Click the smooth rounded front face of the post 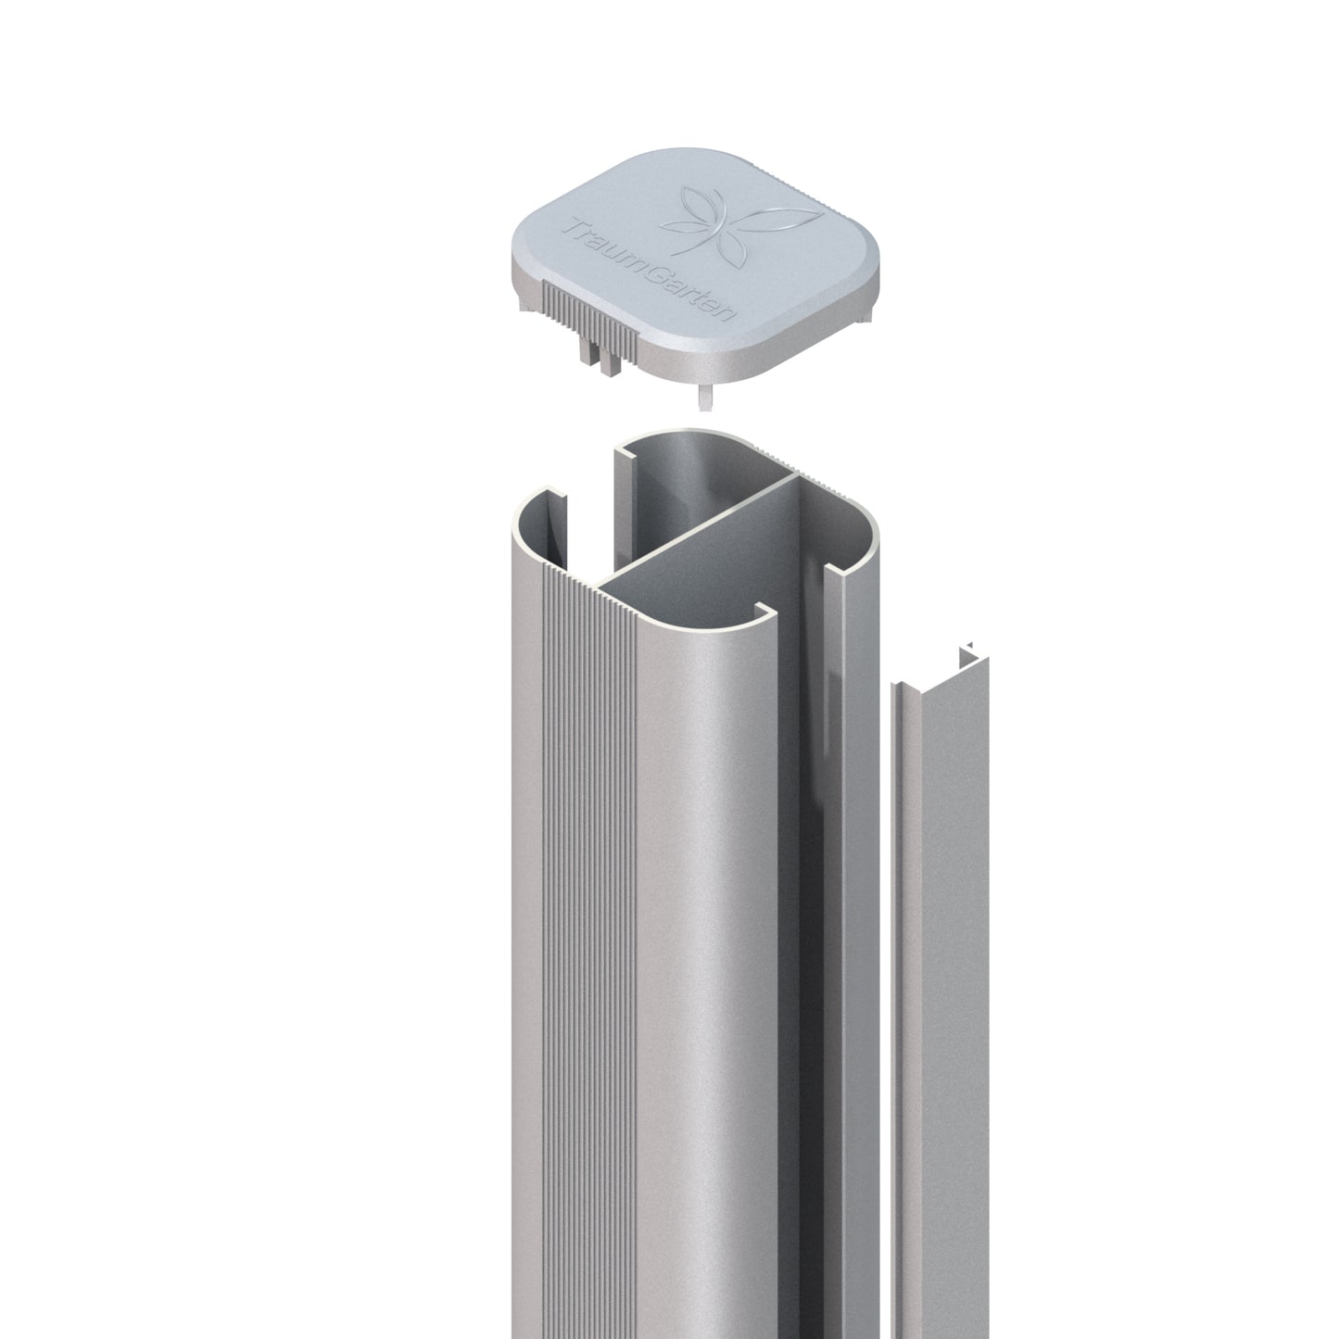[704, 927]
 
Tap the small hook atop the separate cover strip [969, 654]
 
